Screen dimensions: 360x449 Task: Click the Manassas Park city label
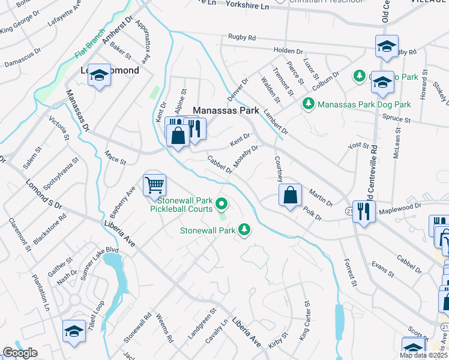coord(226,110)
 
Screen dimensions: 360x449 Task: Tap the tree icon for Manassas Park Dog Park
coord(309,104)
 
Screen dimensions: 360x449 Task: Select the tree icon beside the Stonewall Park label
coord(244,229)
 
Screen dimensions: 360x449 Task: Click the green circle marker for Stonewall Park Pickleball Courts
coord(221,205)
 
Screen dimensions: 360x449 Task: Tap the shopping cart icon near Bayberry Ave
coord(154,185)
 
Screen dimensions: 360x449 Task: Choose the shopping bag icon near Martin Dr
coord(290,194)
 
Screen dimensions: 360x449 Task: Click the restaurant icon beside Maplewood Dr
coord(364,211)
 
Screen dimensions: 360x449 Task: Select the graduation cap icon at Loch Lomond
coord(100,76)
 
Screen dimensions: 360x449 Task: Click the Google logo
coord(19,353)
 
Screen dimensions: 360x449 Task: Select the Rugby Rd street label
coord(242,37)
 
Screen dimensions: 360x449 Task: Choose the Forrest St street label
coord(350,272)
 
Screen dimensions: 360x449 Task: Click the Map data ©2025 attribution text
coord(424,355)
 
